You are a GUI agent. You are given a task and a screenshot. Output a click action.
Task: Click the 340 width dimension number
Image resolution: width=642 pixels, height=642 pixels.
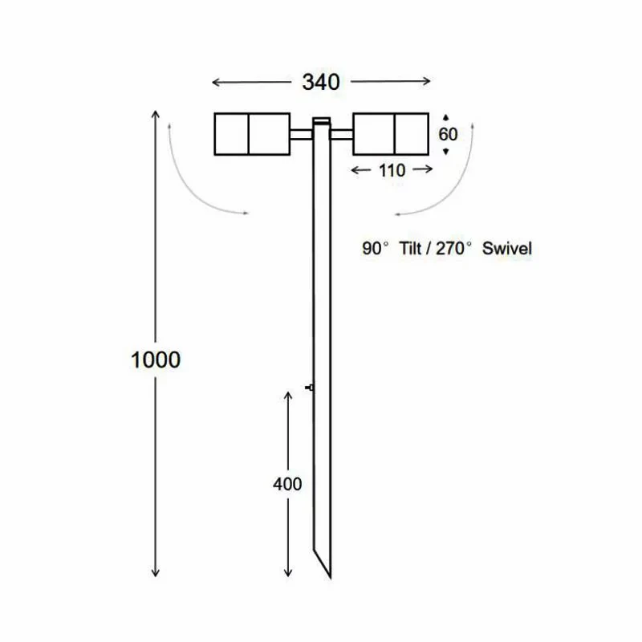[x=321, y=82]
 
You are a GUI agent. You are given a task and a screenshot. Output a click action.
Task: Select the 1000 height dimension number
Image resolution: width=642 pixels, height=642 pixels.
[x=156, y=360]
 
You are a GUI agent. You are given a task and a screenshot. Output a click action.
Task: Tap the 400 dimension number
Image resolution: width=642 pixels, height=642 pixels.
[x=287, y=484]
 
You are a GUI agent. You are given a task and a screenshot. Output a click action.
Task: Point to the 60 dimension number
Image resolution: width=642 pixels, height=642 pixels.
[x=448, y=134]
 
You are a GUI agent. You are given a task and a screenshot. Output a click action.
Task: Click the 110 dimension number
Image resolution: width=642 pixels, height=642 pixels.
[x=393, y=169]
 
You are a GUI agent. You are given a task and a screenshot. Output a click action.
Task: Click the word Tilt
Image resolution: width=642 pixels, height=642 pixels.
[x=412, y=249]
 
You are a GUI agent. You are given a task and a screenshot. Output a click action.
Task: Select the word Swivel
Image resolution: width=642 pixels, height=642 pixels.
[x=506, y=249]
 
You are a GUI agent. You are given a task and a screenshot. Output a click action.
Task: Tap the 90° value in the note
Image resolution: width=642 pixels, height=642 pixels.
[x=375, y=249]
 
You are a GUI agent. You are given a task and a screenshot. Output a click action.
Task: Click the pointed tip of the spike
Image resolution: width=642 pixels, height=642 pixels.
[x=329, y=577]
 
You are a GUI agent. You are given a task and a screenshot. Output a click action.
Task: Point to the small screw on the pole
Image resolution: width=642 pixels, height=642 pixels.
[x=309, y=388]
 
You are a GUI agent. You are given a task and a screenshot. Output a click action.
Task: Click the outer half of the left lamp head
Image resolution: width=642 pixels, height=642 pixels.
[x=231, y=134]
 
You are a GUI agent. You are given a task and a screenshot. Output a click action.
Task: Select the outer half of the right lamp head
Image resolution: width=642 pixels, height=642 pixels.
[x=412, y=134]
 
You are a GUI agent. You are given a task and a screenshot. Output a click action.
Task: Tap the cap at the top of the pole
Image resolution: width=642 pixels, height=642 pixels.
[x=321, y=121]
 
